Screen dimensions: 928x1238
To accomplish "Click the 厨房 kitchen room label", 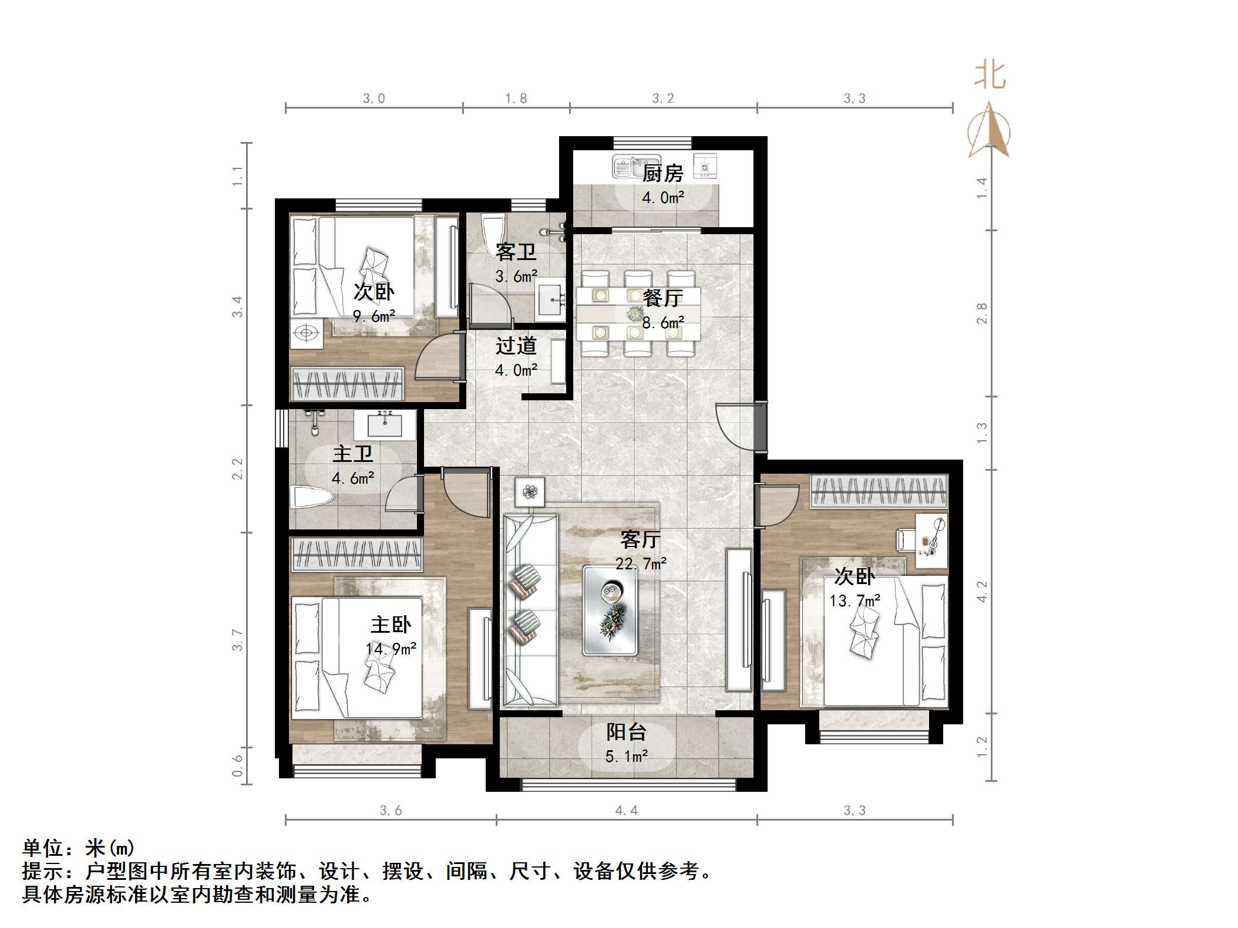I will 662,174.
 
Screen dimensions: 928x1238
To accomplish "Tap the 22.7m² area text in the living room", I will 641,563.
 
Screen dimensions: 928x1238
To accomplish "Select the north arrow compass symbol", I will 990,130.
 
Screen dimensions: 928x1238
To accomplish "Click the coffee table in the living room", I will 610,610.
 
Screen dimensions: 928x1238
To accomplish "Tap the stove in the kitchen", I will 705,166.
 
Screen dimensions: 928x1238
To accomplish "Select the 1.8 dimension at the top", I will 516,99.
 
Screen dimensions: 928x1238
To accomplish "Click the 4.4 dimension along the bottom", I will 626,811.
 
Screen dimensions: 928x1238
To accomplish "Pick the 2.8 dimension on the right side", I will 981,313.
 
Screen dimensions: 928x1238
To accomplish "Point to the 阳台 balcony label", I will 626,732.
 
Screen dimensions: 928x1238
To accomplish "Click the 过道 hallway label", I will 516,346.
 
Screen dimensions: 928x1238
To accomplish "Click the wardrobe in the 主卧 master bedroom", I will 356,554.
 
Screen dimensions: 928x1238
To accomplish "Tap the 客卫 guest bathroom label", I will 516,252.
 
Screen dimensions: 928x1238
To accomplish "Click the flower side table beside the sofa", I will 530,491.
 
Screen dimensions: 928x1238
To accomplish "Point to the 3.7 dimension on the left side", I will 237,640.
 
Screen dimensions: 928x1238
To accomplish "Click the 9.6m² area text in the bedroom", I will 374,316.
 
